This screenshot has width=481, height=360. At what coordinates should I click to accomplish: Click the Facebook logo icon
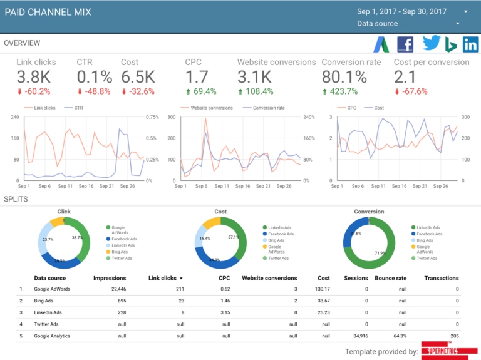click(x=405, y=44)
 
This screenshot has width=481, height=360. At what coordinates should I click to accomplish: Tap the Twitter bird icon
click(x=432, y=43)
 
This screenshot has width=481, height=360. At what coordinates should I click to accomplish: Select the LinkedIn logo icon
click(x=470, y=44)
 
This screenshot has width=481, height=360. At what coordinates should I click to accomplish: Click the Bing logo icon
click(x=450, y=45)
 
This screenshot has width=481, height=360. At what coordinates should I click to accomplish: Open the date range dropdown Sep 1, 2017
click(x=411, y=11)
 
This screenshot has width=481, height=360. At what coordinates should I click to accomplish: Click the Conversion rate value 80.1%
click(x=344, y=77)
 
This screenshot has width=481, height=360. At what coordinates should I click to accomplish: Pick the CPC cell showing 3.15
click(x=224, y=312)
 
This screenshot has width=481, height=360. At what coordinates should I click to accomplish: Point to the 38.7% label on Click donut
click(x=77, y=239)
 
